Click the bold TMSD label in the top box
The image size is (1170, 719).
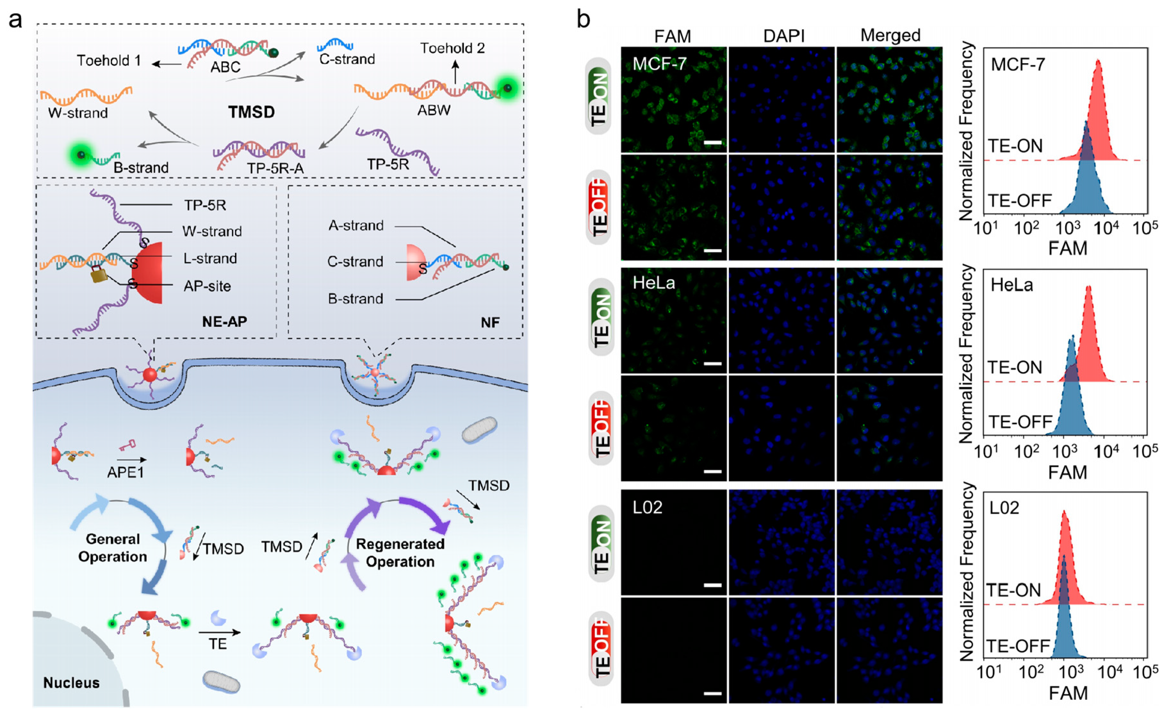pyautogui.click(x=251, y=112)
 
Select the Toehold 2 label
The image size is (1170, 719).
pyautogui.click(x=452, y=48)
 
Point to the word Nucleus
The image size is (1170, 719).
pyautogui.click(x=71, y=682)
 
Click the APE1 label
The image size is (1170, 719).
pyautogui.click(x=125, y=472)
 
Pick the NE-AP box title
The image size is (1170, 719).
pyautogui.click(x=225, y=322)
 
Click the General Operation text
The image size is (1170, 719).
pyautogui.click(x=113, y=548)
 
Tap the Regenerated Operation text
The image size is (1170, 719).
pyautogui.click(x=400, y=552)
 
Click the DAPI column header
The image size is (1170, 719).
pyautogui.click(x=783, y=36)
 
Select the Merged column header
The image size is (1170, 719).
pyautogui.click(x=890, y=35)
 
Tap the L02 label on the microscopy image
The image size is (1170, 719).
pyautogui.click(x=647, y=507)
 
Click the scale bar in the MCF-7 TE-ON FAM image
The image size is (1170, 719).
pyautogui.click(x=712, y=142)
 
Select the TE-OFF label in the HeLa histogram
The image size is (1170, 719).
pyautogui.click(x=1020, y=422)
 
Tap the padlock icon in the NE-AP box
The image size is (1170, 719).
pyautogui.click(x=98, y=274)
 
